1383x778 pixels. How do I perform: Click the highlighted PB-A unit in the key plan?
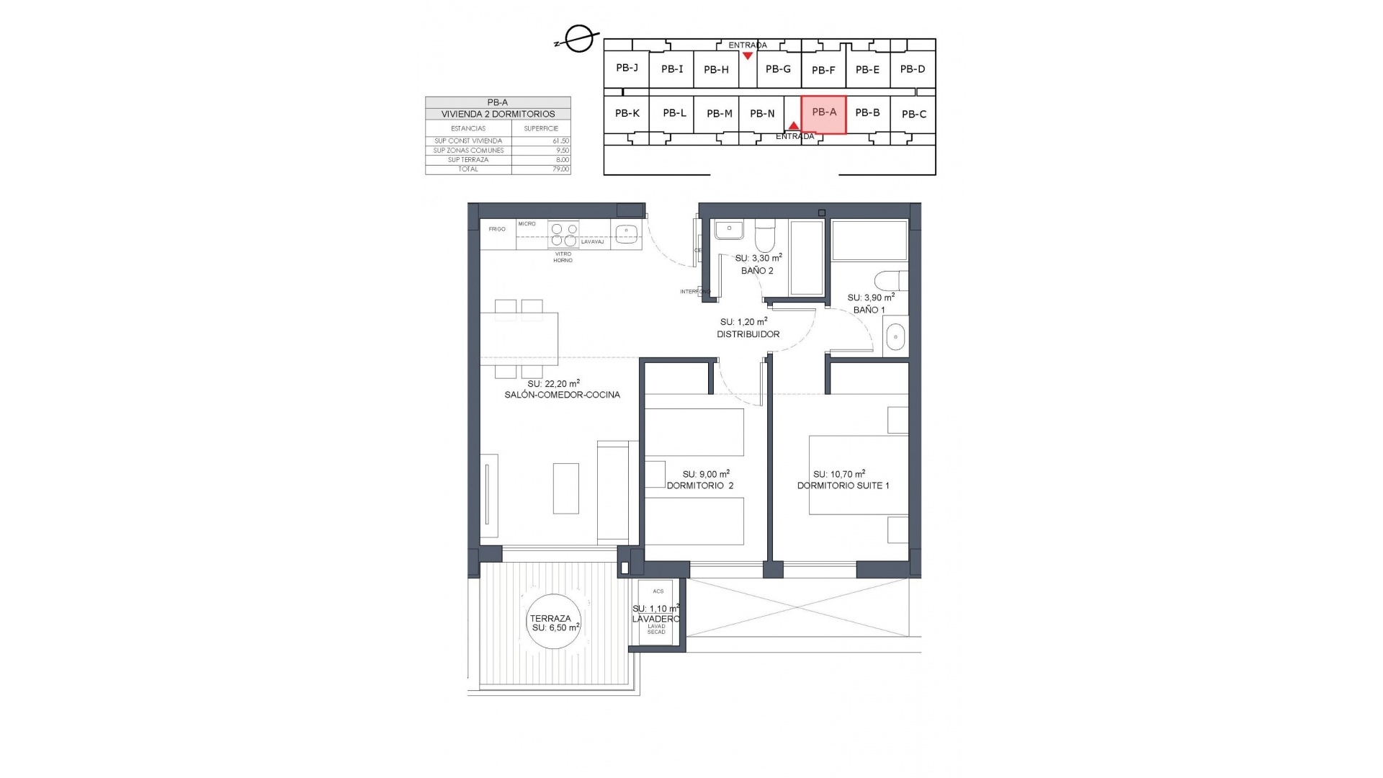point(823,114)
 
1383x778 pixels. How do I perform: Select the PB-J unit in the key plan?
point(627,68)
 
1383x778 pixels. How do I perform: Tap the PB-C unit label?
point(913,114)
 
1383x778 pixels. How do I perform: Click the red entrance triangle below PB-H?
point(748,55)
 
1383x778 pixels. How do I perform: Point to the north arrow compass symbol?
point(578,39)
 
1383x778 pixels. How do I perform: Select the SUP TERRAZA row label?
point(468,160)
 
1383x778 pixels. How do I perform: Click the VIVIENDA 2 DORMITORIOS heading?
point(498,114)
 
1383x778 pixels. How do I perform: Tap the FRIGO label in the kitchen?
point(496,229)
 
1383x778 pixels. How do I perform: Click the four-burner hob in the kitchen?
point(563,235)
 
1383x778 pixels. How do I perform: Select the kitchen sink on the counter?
point(626,232)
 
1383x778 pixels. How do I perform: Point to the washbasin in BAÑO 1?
point(895,337)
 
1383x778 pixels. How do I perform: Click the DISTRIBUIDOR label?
point(748,334)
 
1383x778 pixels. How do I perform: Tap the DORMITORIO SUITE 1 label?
point(843,486)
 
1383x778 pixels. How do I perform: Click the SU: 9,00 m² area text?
point(706,474)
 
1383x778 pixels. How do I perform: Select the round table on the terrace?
point(553,622)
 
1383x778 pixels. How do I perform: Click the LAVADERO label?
point(655,619)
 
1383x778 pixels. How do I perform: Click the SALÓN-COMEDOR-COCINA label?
point(562,395)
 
